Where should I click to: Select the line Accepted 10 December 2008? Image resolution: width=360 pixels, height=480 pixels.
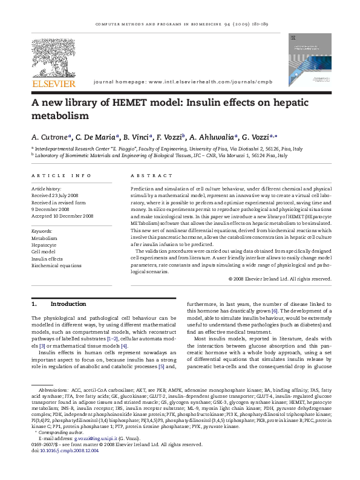pos(62,215)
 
